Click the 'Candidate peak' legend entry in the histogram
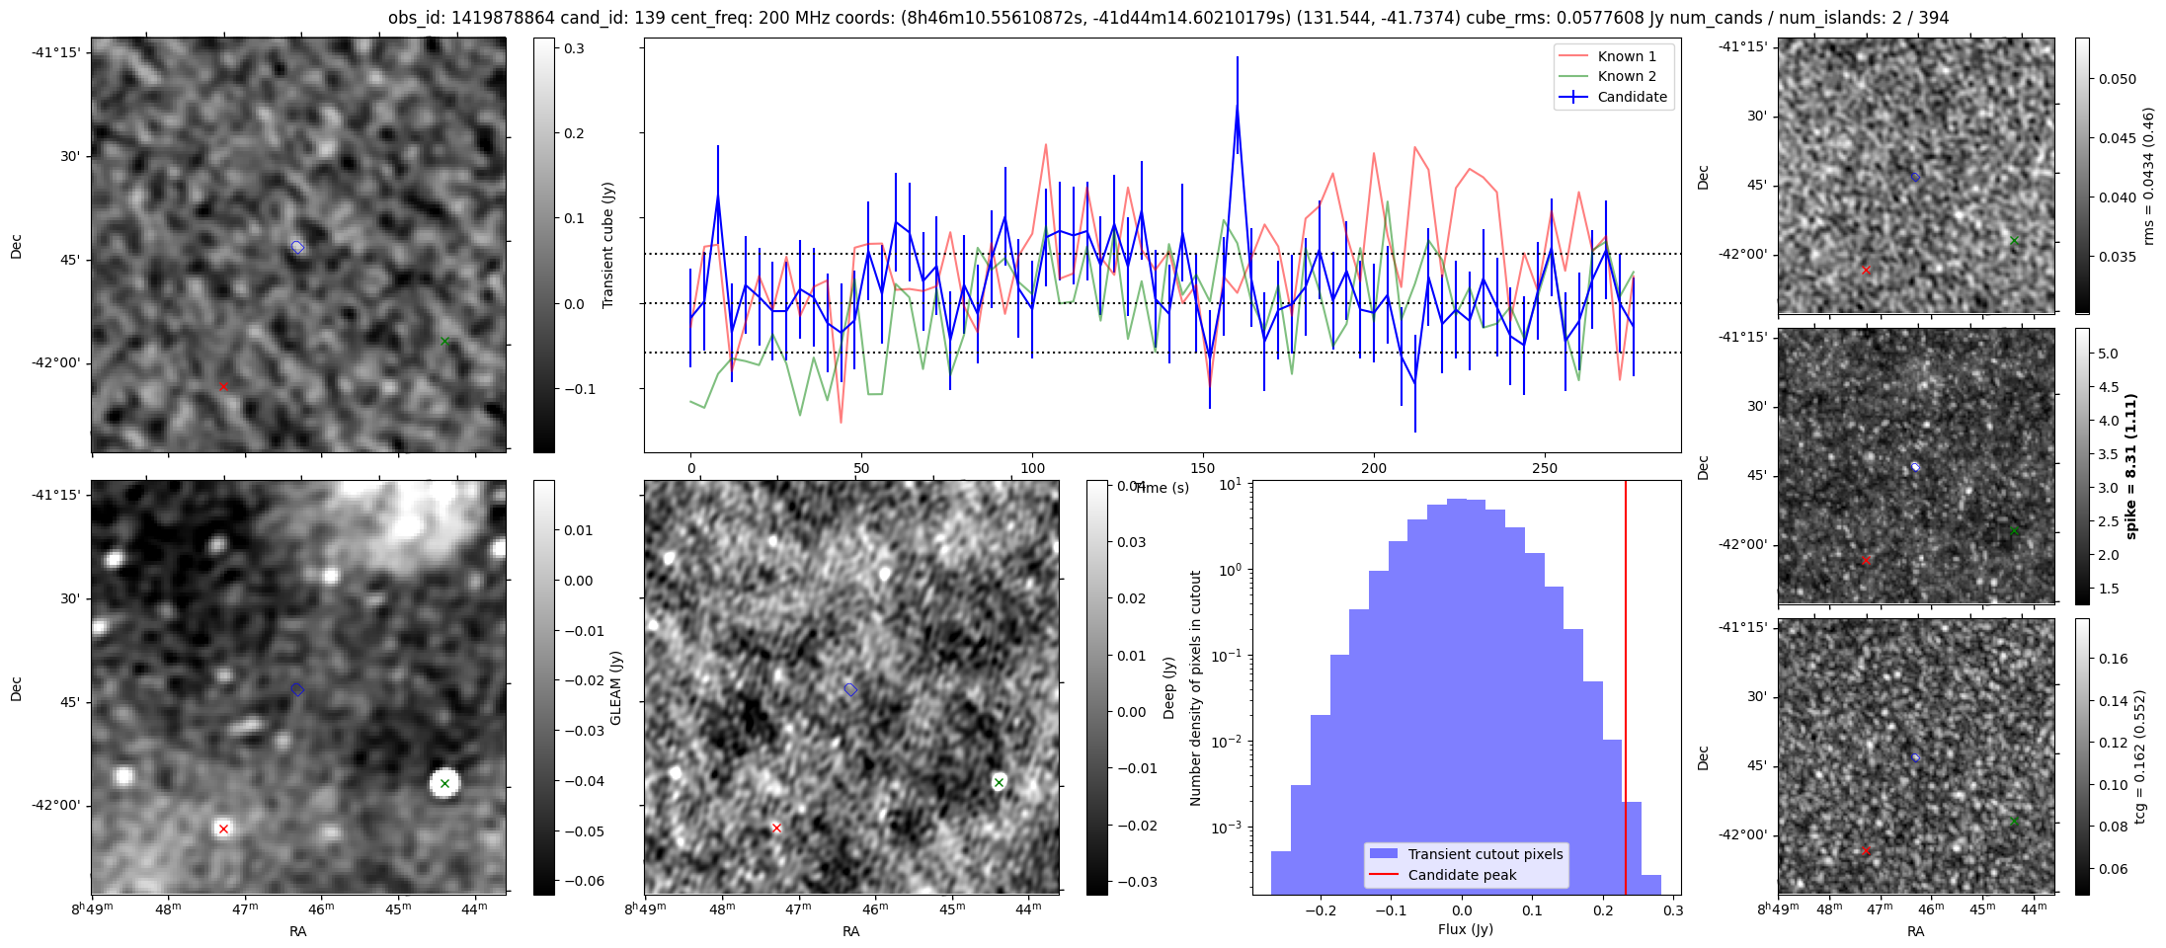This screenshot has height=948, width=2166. click(x=1462, y=875)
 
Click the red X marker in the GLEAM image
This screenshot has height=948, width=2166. click(x=223, y=829)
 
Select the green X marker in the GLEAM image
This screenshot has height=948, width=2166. click(x=444, y=783)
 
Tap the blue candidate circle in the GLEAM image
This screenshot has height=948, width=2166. click(x=297, y=689)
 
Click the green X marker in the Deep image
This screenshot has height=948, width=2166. click(x=999, y=782)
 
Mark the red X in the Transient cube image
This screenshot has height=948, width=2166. click(x=223, y=386)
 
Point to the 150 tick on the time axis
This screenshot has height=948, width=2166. click(x=1203, y=468)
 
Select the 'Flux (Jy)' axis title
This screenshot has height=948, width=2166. click(x=1466, y=929)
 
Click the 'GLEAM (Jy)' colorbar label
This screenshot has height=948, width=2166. click(x=616, y=687)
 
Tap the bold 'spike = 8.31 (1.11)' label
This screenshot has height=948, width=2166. click(x=2130, y=466)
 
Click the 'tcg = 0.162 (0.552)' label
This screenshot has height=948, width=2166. click(x=2139, y=756)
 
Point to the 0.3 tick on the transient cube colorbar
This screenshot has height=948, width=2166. click(x=574, y=48)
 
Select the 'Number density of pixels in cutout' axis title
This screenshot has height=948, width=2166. click(x=1196, y=687)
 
